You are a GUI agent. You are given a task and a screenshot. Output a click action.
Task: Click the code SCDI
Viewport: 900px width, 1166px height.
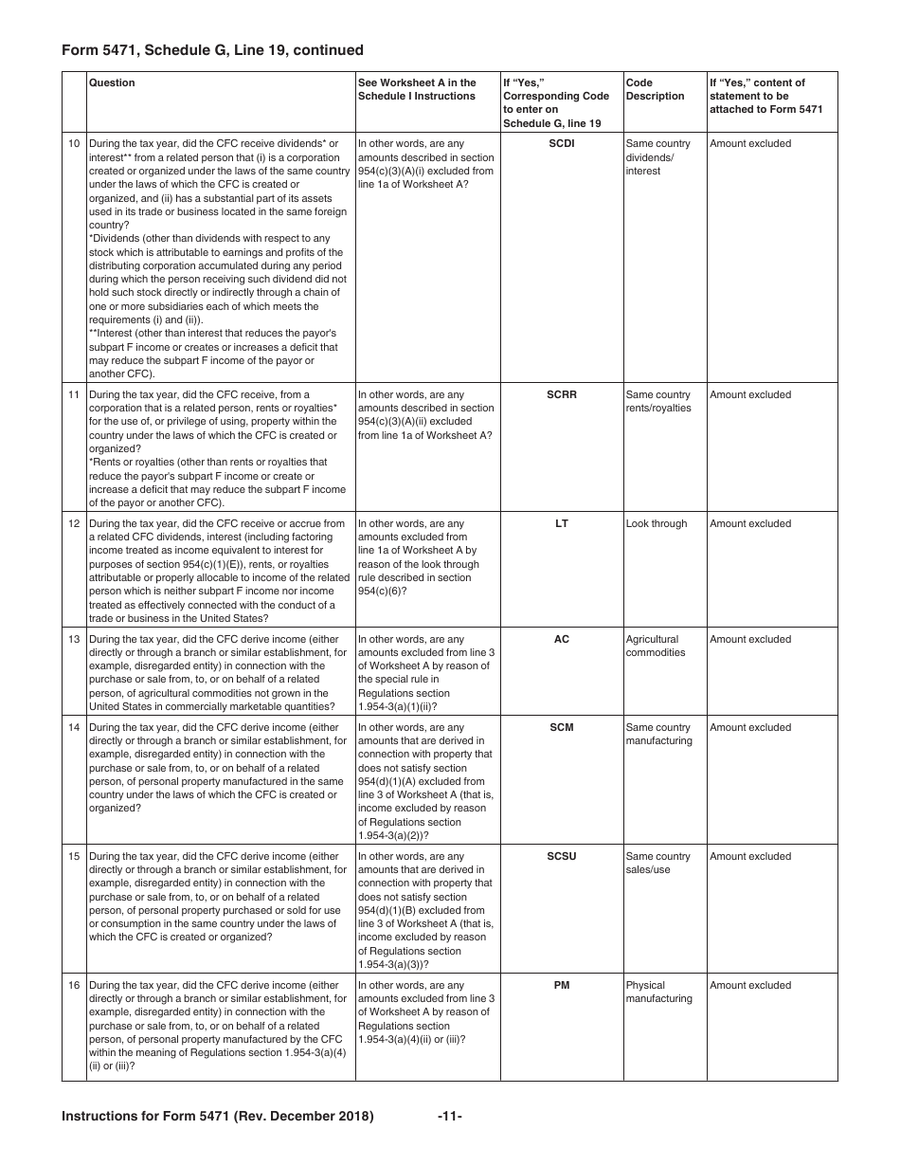point(561,144)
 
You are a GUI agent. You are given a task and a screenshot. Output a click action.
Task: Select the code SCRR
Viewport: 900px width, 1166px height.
point(561,395)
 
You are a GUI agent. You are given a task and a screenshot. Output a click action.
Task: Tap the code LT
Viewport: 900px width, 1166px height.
point(561,524)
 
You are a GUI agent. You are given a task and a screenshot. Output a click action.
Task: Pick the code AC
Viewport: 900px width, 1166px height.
point(561,640)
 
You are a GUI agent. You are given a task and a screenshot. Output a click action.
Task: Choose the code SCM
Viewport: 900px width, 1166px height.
point(561,728)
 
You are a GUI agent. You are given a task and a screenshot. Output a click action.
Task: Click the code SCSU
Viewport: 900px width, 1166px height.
point(561,857)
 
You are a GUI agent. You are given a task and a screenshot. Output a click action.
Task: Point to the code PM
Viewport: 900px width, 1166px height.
point(561,986)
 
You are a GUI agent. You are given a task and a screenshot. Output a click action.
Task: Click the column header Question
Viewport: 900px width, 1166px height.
point(112,83)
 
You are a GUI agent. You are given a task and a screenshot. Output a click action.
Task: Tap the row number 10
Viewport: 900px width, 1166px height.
point(74,144)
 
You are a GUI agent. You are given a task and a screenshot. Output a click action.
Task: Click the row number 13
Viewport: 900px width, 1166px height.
point(74,640)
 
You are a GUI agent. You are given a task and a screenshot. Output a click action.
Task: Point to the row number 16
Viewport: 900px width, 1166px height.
point(74,986)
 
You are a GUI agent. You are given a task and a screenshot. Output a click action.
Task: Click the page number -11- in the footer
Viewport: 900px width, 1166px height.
point(450,1117)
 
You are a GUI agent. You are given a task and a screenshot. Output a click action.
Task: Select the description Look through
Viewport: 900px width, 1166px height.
point(657,524)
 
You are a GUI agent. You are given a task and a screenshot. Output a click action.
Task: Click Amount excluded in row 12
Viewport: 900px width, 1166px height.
point(750,524)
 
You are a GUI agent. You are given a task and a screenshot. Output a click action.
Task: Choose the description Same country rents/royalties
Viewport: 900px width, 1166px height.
point(658,402)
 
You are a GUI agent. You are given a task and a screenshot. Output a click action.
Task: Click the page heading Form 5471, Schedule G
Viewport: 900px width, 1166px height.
point(212,50)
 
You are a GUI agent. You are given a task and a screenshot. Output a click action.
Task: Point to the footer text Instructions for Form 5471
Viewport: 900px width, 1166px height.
point(218,1117)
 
